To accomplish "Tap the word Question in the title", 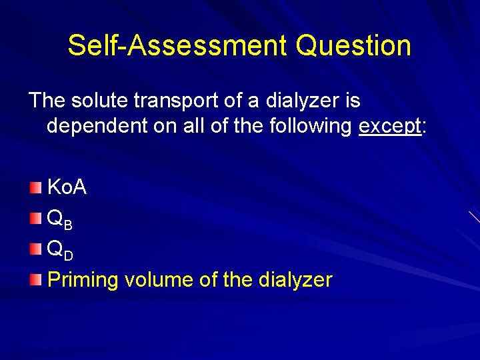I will coord(353,46).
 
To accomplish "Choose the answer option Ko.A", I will coord(67,188).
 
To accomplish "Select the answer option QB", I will coord(59,219).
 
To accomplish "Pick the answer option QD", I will coord(59,249).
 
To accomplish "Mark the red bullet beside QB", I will coord(35,219).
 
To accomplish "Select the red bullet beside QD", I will coord(35,249).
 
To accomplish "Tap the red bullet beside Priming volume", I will coord(35,280).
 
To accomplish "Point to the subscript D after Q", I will coord(69,256).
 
